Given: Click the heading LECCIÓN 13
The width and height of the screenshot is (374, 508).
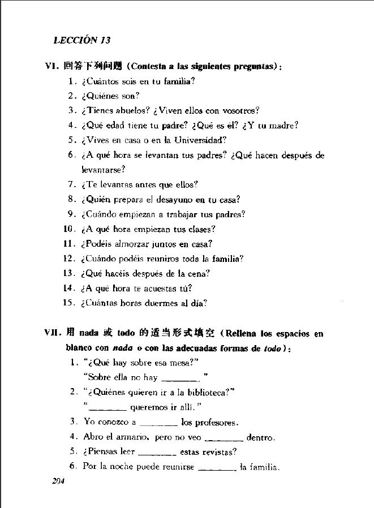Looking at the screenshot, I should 81,40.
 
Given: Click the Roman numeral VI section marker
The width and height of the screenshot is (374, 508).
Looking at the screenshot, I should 53,66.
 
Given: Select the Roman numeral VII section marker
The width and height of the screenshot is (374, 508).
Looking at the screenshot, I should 54,333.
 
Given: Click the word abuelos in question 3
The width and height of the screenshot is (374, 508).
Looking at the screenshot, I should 132,110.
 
